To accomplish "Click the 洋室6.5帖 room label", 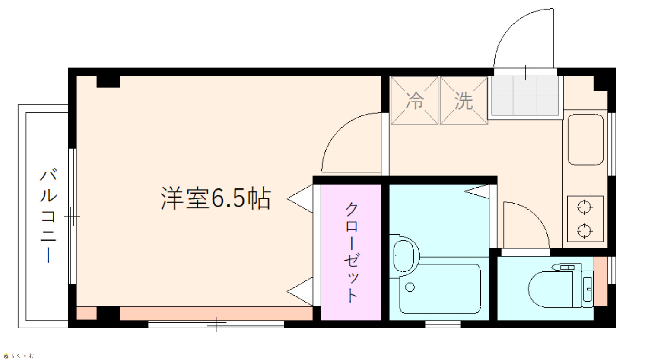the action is point(216,198).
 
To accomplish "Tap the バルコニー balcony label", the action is point(48,216).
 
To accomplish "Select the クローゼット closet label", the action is point(351,252).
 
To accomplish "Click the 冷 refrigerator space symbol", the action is point(415,101).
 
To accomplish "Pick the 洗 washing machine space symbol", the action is point(464,101).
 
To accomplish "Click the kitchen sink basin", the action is point(585,140).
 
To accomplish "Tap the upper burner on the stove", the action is point(584,207).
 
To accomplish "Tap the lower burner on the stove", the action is point(584,231).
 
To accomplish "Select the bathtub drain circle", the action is point(410,287).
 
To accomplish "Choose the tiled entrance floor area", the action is point(525,96).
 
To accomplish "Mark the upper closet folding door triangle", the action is point(300,198).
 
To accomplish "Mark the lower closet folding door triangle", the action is point(300,291).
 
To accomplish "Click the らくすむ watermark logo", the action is point(19,355).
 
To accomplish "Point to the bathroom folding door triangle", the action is point(477,191).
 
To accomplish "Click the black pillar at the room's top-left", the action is point(108,82).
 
